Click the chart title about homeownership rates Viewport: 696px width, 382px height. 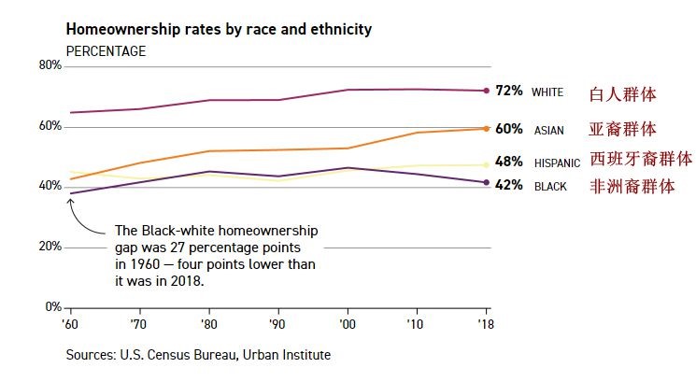(219, 29)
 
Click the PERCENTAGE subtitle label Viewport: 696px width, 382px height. (106, 50)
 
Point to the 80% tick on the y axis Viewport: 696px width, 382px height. (50, 65)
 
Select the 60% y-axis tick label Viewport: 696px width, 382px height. (50, 126)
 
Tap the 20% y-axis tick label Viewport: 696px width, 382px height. (50, 247)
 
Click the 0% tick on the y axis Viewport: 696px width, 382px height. (53, 307)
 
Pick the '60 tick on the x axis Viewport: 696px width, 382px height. (70, 324)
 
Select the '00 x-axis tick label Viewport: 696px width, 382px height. (348, 324)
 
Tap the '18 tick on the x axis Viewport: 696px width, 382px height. (486, 324)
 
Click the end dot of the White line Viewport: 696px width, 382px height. (486, 91)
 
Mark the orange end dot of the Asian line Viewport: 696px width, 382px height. (486, 128)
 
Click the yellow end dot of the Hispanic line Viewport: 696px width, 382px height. (486, 165)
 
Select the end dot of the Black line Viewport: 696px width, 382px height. (486, 182)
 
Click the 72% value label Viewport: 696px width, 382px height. (509, 91)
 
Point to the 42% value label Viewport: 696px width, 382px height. (509, 185)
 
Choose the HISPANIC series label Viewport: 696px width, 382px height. (557, 163)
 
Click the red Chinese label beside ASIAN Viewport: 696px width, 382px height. (622, 129)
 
